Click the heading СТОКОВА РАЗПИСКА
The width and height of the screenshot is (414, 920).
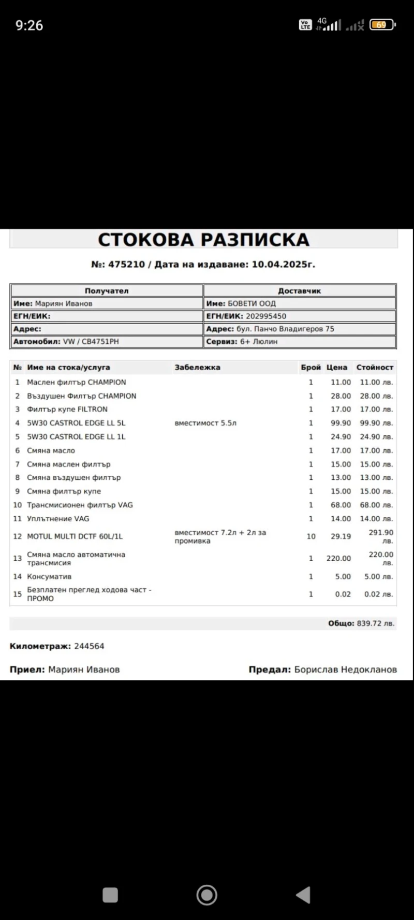tap(203, 240)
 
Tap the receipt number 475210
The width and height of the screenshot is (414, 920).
tap(126, 264)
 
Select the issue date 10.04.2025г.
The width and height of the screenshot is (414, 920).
tap(283, 264)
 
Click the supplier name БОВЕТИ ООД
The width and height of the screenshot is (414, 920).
tap(252, 303)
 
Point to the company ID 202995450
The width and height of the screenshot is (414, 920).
tap(265, 316)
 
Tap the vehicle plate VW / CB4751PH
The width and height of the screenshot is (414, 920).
tap(91, 342)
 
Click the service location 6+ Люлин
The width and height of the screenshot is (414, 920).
tap(259, 342)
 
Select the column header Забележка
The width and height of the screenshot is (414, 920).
tap(197, 367)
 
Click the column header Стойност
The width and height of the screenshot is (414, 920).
tap(375, 367)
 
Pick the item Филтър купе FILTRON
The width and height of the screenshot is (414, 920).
tap(67, 409)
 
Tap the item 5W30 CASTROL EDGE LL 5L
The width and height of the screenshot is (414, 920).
tap(76, 423)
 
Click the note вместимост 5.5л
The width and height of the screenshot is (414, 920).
tap(205, 423)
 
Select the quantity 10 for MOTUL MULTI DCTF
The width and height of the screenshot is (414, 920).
tap(311, 536)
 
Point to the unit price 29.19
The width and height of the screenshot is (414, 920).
tap(341, 536)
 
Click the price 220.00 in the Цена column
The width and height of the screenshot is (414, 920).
tap(338, 558)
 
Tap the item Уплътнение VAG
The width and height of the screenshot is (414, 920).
tap(58, 518)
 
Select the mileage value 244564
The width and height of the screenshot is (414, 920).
tap(89, 646)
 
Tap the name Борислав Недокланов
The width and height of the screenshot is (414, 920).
tap(345, 669)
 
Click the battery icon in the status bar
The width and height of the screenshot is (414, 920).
tap(382, 25)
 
